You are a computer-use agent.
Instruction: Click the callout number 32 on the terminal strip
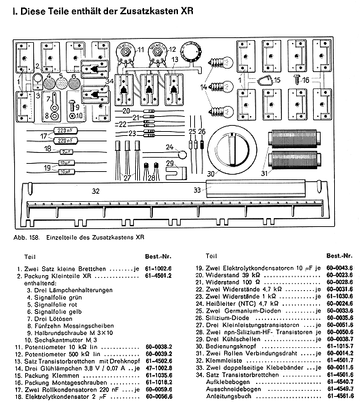96,191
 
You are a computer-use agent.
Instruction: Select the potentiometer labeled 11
125,53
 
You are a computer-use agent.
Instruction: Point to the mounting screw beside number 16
298,79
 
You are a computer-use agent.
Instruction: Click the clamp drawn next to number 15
264,81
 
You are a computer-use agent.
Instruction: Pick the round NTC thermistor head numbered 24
183,155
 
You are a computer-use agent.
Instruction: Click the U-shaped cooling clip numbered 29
176,173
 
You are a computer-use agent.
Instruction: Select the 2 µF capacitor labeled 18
67,152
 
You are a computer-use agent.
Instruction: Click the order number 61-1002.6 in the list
158,268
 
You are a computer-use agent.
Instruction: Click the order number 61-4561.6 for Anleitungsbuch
340,396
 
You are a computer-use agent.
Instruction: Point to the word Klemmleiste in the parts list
223,361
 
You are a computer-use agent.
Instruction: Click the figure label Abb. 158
26,238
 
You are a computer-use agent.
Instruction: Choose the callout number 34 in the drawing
109,81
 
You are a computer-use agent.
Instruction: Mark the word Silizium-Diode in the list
227,318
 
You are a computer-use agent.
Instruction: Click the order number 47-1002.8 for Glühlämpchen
158,368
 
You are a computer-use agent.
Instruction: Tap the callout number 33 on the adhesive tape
197,190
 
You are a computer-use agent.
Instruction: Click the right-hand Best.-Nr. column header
340,256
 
